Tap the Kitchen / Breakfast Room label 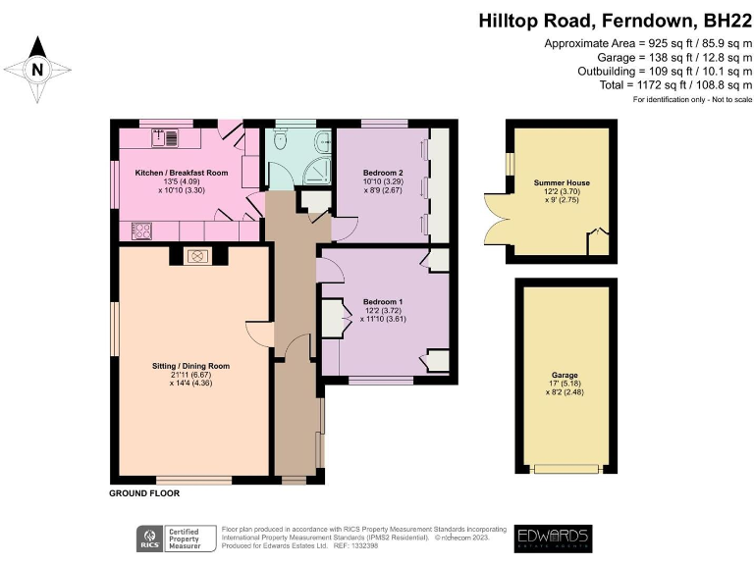coord(182,173)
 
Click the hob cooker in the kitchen coord(141,231)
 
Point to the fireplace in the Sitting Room coord(195,256)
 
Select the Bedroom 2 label coord(382,173)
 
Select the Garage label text coord(564,375)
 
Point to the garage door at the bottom coord(563,470)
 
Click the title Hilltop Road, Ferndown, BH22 coord(614,20)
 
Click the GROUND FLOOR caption coord(144,494)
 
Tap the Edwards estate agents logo coord(553,538)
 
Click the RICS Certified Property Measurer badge coord(177,538)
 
